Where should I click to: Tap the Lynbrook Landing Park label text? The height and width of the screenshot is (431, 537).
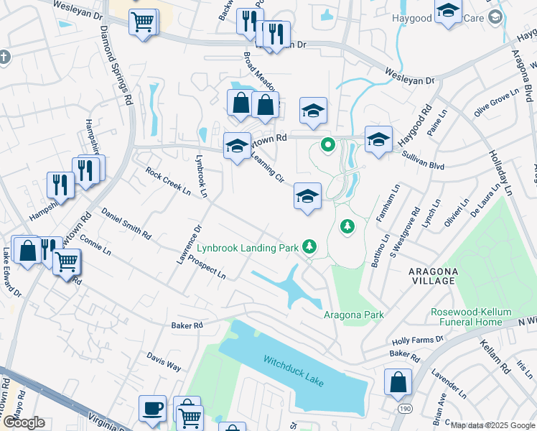click(248, 248)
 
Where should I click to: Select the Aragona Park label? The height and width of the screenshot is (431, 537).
click(353, 315)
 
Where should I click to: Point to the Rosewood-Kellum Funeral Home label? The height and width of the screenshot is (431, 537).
click(471, 317)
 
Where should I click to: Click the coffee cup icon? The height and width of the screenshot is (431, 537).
click(153, 408)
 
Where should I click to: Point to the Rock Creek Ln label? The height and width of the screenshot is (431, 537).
click(167, 182)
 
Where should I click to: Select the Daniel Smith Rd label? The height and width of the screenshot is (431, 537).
click(126, 223)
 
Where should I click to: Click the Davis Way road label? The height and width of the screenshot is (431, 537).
click(164, 361)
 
